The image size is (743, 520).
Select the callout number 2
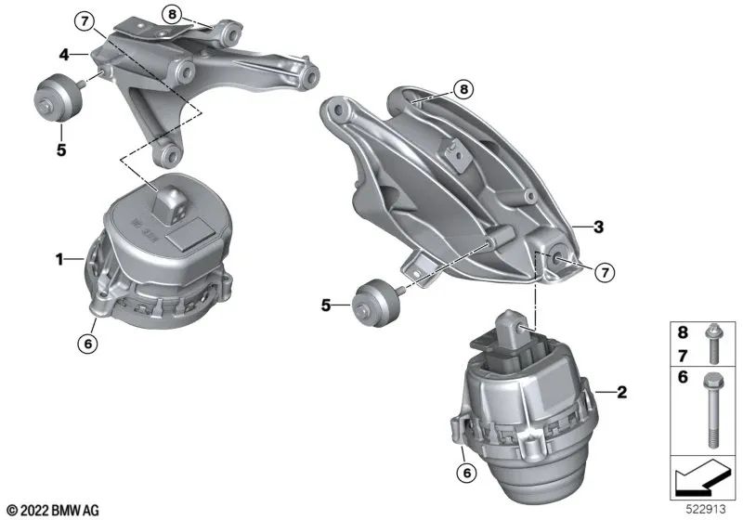point(621,392)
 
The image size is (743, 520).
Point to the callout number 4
point(66,55)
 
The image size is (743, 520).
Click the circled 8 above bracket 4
point(171,14)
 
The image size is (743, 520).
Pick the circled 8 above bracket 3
point(463,89)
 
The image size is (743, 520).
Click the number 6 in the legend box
point(683,378)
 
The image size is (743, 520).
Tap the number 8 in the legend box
point(683,331)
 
